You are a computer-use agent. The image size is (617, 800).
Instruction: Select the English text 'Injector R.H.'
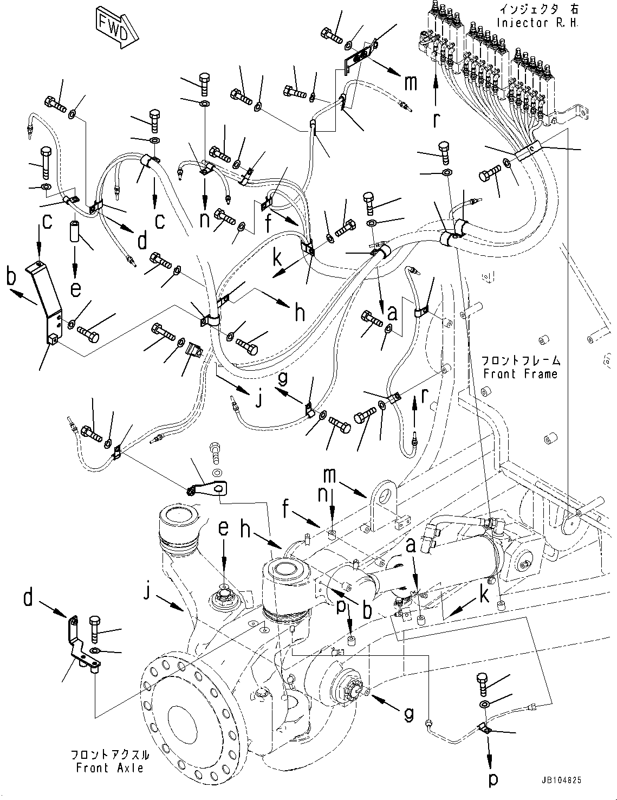[x=537, y=24]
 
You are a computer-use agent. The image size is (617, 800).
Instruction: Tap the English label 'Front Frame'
[x=520, y=373]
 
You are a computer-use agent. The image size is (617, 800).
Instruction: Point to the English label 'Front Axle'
[x=109, y=768]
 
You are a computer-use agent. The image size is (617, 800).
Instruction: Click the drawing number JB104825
[x=561, y=780]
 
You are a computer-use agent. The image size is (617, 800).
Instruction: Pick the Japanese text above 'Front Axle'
[x=109, y=755]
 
